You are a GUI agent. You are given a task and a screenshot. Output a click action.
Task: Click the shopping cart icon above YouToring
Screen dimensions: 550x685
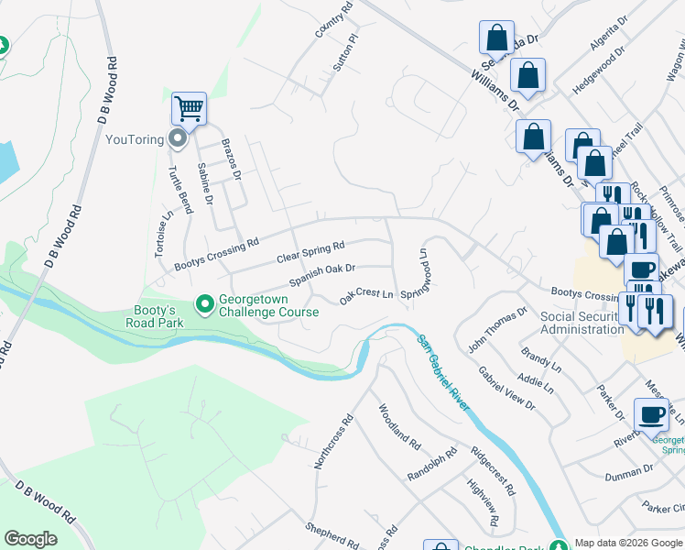point(190,109)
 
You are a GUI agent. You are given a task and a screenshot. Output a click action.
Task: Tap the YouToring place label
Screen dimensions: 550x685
point(134,139)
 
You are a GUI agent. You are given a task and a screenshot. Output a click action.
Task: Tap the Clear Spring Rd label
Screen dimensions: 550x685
point(310,252)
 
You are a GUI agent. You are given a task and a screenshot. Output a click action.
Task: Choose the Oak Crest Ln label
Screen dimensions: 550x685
point(366,296)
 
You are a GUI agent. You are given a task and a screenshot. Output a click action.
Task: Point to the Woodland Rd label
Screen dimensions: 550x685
point(399,426)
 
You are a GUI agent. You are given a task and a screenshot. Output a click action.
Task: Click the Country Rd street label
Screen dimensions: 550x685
point(332,20)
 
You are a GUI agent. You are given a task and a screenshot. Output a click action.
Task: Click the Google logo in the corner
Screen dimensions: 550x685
point(30,539)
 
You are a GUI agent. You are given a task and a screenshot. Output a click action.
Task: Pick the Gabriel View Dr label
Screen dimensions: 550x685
point(506,386)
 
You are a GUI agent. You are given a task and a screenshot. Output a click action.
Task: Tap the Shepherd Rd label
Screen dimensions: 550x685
point(330,534)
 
